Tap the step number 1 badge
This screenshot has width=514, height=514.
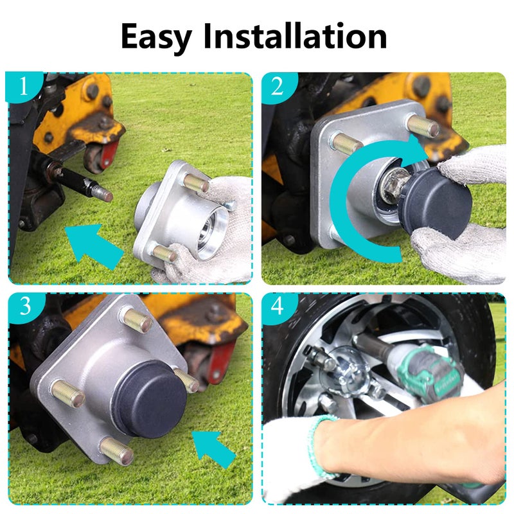pyautogui.click(x=24, y=87)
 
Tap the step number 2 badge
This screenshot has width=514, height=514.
pyautogui.click(x=277, y=87)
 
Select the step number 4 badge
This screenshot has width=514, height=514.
pyautogui.click(x=277, y=307)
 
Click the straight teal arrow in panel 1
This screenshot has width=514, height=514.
pyautogui.click(x=93, y=244)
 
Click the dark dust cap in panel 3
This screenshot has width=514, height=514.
pyautogui.click(x=149, y=398)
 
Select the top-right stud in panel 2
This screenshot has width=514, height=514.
pyautogui.click(x=423, y=125)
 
